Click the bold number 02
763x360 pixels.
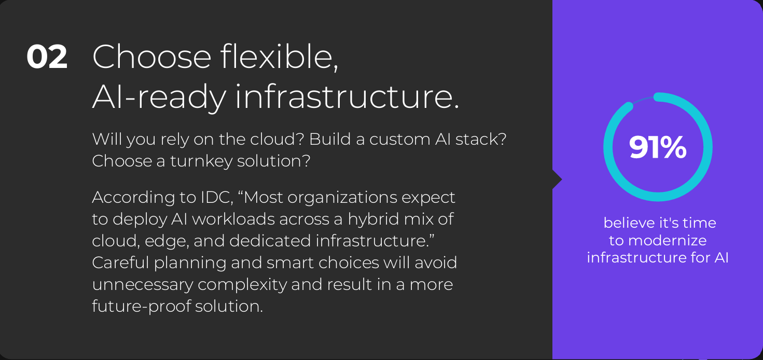pos(47,57)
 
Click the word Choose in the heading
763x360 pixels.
pos(151,57)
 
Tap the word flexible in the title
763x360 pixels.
pos(279,57)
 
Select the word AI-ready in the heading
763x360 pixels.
pos(159,96)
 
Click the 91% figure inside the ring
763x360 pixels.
pos(658,147)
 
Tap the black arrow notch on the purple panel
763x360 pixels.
pos(557,179)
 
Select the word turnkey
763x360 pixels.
pos(201,161)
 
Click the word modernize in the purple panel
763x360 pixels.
pos(667,241)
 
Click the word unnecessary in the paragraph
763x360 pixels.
pos(143,285)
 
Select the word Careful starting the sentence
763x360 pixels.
pos(120,262)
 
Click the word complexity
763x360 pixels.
pos(242,285)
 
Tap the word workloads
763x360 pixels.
pos(233,219)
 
